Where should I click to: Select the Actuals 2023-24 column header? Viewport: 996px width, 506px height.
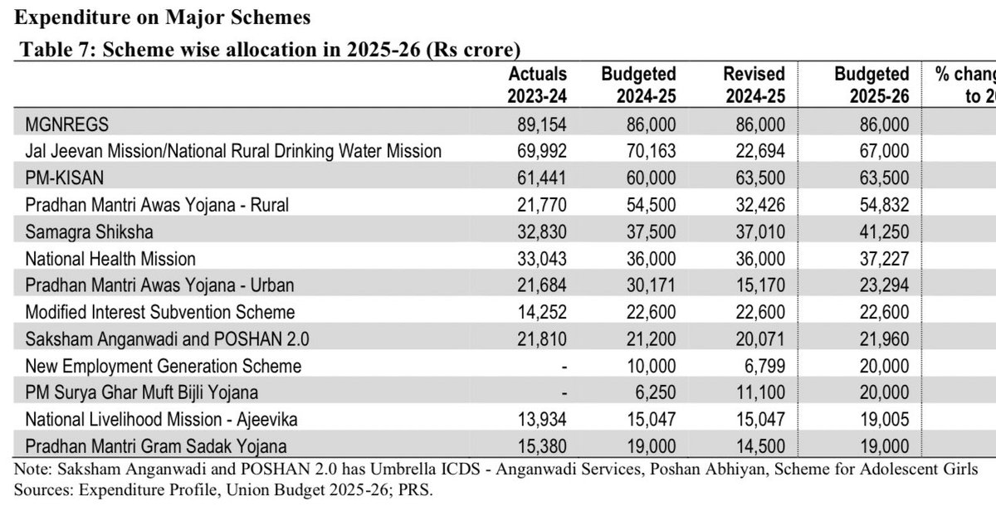[537, 85]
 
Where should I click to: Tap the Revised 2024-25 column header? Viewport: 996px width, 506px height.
[754, 85]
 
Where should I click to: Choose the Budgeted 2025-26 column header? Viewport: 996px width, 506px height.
[871, 85]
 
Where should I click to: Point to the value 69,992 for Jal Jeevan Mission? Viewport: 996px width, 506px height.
[542, 151]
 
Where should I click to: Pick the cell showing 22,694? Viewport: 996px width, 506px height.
[759, 151]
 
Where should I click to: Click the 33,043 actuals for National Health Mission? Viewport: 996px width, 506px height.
[542, 259]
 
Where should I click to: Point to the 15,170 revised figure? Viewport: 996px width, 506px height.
[759, 285]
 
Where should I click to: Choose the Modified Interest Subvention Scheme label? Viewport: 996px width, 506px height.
[160, 313]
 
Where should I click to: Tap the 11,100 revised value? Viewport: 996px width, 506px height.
[759, 392]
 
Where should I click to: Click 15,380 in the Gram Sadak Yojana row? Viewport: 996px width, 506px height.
[542, 446]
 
